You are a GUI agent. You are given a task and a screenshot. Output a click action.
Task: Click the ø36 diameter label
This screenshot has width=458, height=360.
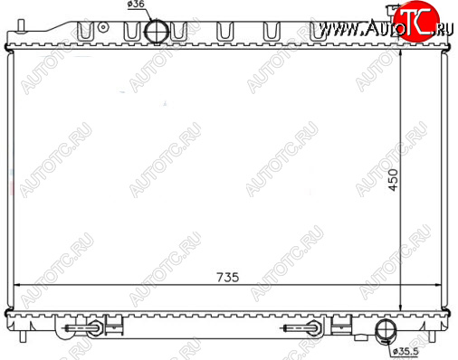tap(136, 5)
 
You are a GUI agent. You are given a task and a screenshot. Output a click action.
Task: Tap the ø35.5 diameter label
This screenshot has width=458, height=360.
tap(406, 351)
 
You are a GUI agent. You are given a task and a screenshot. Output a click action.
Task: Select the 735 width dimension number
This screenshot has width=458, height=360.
tap(228, 278)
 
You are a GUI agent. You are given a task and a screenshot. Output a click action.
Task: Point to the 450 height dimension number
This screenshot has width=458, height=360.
tap(393, 180)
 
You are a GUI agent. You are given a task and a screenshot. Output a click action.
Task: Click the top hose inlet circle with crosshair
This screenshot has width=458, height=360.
tap(157, 32)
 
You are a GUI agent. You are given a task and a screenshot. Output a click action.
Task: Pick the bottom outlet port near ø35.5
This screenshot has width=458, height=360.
tap(386, 331)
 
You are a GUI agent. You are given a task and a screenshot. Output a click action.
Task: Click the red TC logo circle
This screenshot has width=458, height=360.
tap(416, 22)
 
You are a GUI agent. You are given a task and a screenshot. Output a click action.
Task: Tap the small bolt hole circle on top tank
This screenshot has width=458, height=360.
tap(103, 27)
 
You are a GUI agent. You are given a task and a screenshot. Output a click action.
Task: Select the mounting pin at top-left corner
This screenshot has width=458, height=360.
tap(21, 25)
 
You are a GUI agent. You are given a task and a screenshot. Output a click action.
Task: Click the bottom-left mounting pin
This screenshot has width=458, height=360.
tap(23, 336)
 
